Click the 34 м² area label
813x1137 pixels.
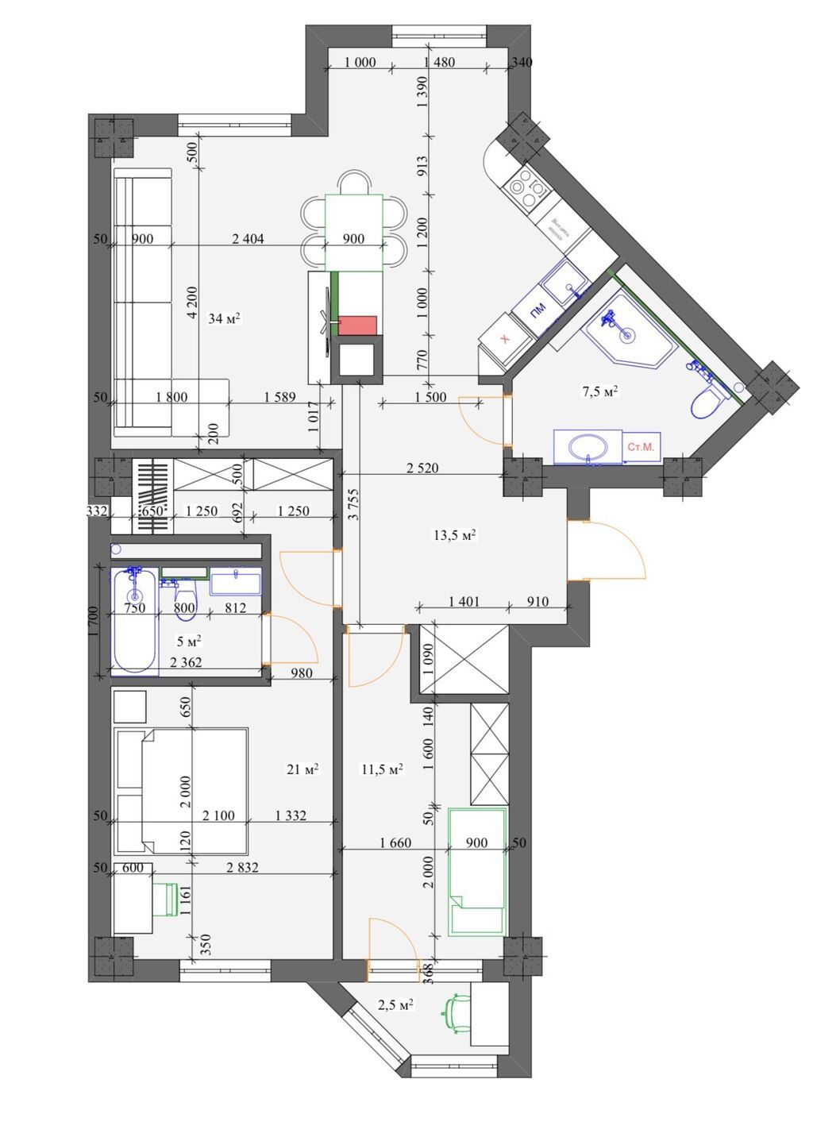click(x=224, y=318)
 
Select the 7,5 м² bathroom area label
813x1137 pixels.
click(x=600, y=391)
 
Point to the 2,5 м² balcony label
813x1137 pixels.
click(x=395, y=1004)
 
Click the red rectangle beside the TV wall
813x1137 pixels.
click(x=357, y=325)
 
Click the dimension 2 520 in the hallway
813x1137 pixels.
click(x=422, y=468)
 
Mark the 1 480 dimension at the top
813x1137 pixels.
click(x=439, y=63)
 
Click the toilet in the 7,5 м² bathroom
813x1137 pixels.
click(x=706, y=402)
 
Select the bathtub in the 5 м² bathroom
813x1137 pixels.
click(x=133, y=621)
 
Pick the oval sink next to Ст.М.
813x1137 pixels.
click(x=588, y=446)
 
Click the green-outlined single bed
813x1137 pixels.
click(x=476, y=871)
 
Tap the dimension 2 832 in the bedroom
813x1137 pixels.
click(x=242, y=868)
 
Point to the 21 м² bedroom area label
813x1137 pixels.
click(x=302, y=769)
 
